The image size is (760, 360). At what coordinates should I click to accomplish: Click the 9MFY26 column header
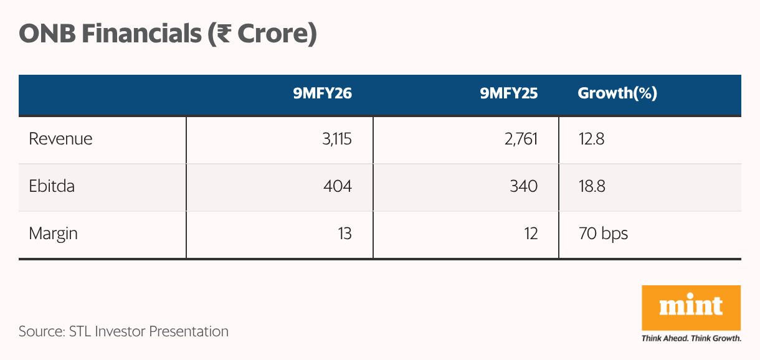click(x=323, y=93)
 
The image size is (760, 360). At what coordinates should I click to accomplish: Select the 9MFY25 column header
click(x=508, y=93)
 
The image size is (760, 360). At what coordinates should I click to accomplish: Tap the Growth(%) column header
click(x=617, y=93)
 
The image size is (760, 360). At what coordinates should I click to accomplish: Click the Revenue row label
click(x=60, y=138)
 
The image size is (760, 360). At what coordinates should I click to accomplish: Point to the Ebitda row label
click(x=52, y=186)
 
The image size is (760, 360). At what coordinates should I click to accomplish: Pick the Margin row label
click(x=54, y=234)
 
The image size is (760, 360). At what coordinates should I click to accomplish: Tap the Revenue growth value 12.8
click(x=591, y=138)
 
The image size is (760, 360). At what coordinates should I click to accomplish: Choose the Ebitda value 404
click(x=336, y=186)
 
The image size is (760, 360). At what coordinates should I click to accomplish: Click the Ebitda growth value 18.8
click(x=591, y=186)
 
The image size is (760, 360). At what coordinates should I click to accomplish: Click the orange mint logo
click(x=691, y=308)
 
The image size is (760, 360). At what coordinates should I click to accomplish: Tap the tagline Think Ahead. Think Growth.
click(x=691, y=339)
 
